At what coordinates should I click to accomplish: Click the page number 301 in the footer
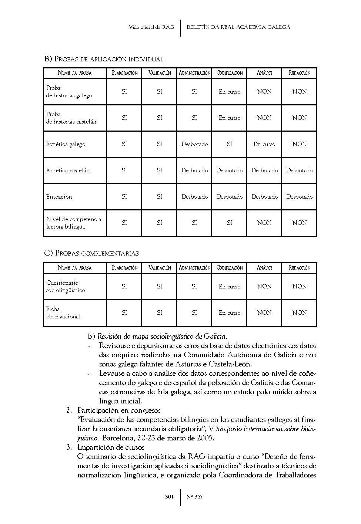(169, 497)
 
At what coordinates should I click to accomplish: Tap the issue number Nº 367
(194, 497)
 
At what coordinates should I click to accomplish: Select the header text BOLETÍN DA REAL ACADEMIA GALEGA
(238, 27)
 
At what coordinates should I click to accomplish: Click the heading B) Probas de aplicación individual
(104, 59)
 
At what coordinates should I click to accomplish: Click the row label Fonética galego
(66, 144)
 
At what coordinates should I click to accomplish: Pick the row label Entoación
(59, 197)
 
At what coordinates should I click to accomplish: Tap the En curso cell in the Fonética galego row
(264, 144)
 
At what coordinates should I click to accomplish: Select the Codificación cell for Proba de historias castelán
(229, 118)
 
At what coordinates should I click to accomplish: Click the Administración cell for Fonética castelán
(194, 170)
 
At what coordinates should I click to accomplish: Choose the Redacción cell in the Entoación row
(299, 197)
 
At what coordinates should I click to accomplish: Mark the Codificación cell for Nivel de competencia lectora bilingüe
(229, 223)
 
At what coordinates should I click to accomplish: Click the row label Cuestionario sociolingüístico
(66, 287)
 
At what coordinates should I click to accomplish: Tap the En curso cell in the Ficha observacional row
(229, 313)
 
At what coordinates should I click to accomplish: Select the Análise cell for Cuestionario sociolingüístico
(264, 287)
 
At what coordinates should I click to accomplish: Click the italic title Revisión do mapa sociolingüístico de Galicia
(162, 337)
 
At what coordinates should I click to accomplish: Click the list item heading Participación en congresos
(119, 410)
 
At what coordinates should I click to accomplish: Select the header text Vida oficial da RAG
(151, 27)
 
